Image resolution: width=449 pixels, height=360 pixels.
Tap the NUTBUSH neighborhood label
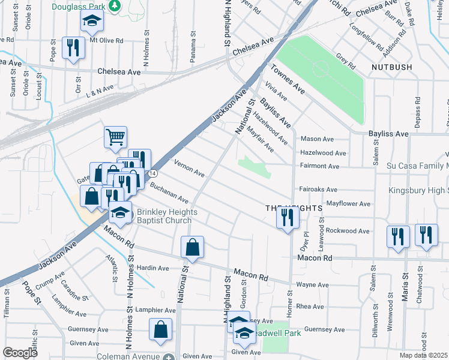click(x=391, y=67)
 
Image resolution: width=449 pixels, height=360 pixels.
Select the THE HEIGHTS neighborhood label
click(x=294, y=208)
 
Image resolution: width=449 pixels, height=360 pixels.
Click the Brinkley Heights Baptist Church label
click(x=164, y=216)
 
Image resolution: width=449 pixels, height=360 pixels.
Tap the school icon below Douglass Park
click(x=92, y=22)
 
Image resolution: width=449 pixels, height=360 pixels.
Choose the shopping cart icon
click(x=115, y=136)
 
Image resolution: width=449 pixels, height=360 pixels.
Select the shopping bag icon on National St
click(x=192, y=246)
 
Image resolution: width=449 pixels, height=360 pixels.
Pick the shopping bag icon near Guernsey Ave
click(x=160, y=329)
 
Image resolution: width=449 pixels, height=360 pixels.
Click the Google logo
click(x=20, y=353)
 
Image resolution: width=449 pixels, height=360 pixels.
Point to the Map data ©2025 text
click(x=424, y=355)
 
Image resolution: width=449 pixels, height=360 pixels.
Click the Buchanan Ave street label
click(x=170, y=193)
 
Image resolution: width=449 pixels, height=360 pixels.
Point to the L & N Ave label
click(x=100, y=89)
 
